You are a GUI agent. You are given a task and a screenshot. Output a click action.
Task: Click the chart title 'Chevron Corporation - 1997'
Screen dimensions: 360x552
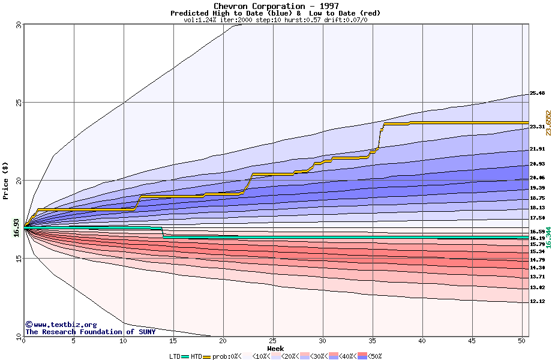[x=275, y=6]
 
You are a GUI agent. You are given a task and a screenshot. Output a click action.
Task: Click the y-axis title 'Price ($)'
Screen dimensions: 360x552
[x=6, y=179]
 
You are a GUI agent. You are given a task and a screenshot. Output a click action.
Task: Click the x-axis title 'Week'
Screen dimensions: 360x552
[x=275, y=348]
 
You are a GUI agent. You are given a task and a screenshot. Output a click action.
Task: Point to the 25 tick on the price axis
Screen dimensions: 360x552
[x=19, y=103]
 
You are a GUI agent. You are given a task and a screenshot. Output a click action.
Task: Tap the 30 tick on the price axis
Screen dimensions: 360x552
[x=19, y=25]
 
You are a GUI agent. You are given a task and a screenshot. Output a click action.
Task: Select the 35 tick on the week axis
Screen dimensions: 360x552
[x=372, y=341]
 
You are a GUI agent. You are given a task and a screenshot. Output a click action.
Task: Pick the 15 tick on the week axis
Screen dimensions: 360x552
[x=173, y=341]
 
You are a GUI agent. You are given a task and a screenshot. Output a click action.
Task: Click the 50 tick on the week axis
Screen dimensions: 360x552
[x=521, y=341]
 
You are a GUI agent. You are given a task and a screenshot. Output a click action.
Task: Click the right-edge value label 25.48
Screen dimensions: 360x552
[x=537, y=94]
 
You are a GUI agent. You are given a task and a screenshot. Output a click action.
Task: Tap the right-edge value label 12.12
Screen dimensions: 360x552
[x=537, y=302]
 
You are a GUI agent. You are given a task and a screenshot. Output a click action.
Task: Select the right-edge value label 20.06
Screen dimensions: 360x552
[x=537, y=178]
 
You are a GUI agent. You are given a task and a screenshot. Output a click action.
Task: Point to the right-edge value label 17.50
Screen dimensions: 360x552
[x=537, y=218]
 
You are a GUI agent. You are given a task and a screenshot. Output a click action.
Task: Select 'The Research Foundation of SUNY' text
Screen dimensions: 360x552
[x=90, y=332]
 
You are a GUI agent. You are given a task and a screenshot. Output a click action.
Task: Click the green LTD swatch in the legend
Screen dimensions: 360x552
[x=185, y=356]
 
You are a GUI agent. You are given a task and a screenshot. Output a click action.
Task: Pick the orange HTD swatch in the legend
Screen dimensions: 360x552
[x=208, y=356]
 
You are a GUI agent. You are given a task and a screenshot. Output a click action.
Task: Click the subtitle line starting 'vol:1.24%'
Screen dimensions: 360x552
[x=275, y=20]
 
